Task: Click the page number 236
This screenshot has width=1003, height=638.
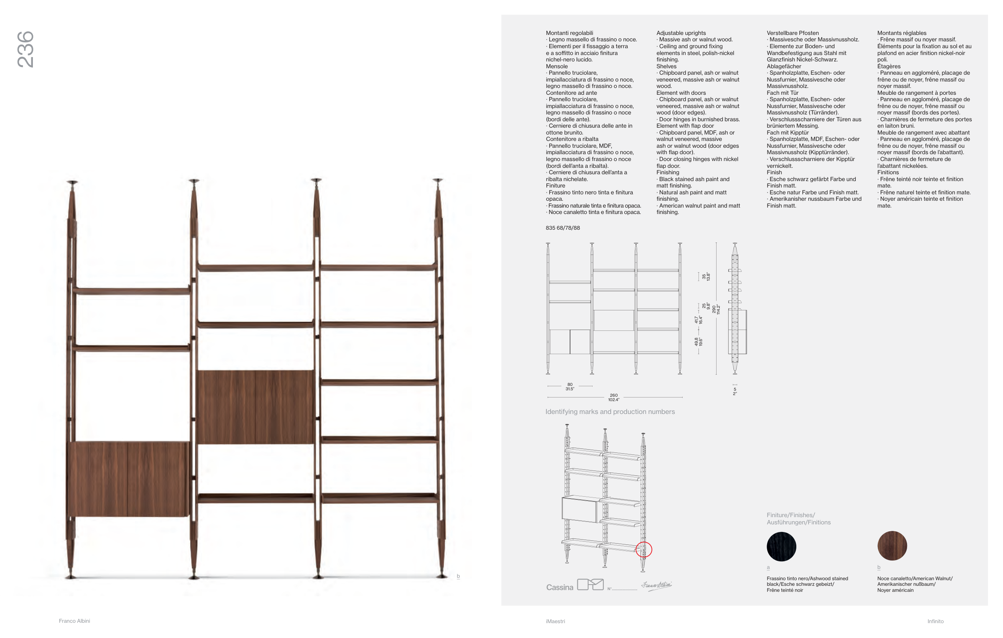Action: [25, 49]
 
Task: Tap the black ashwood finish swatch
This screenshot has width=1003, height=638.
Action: [782, 546]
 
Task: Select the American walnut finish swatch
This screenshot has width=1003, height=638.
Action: [892, 546]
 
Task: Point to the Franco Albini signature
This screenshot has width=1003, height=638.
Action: [656, 585]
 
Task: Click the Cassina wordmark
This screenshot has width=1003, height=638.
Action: [559, 587]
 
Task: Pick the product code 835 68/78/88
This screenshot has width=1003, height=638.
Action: [563, 228]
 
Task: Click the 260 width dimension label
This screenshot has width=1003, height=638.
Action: [613, 395]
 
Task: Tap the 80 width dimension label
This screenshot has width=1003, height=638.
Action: [570, 384]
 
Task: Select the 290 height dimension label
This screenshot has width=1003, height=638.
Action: [714, 309]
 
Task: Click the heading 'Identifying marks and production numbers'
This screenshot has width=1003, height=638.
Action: [610, 412]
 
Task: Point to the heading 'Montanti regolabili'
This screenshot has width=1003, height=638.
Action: [569, 33]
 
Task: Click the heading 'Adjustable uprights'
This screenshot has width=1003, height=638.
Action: [681, 33]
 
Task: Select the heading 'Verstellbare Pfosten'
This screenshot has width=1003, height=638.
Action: [793, 33]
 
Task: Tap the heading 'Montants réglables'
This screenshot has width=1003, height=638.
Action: [902, 33]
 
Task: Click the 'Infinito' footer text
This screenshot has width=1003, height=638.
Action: [936, 621]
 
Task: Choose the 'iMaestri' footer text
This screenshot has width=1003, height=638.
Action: [555, 621]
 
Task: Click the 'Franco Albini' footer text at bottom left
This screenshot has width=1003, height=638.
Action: [74, 621]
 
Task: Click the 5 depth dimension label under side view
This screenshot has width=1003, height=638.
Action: [735, 389]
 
